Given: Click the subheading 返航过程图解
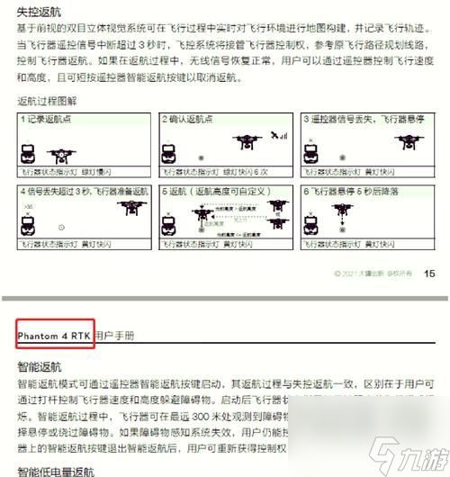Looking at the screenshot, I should (x=48, y=103).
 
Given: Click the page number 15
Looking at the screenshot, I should (x=428, y=274).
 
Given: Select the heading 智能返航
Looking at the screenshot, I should (x=38, y=367).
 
